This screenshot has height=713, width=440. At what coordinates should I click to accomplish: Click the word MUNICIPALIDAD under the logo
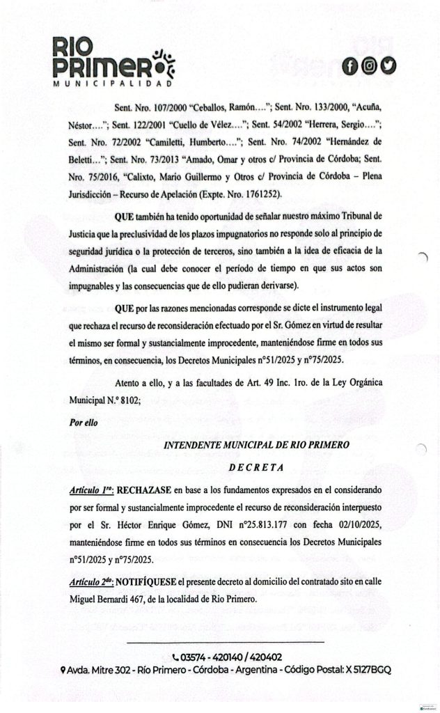point(113,83)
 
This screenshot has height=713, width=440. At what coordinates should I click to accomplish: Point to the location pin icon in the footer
point(63,670)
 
